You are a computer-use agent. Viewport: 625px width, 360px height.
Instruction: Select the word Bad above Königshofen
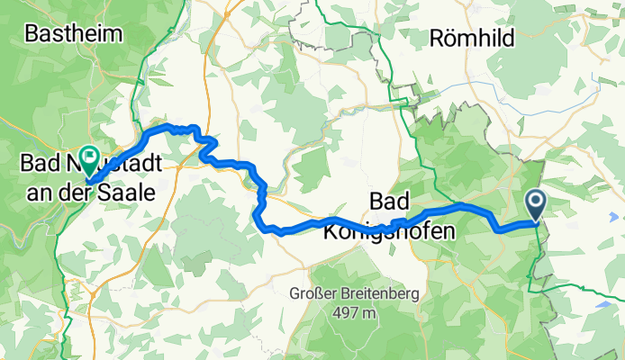point(389,200)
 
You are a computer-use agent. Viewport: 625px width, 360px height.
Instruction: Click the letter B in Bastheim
point(32,35)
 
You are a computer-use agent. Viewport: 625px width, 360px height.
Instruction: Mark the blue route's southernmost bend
point(268,229)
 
